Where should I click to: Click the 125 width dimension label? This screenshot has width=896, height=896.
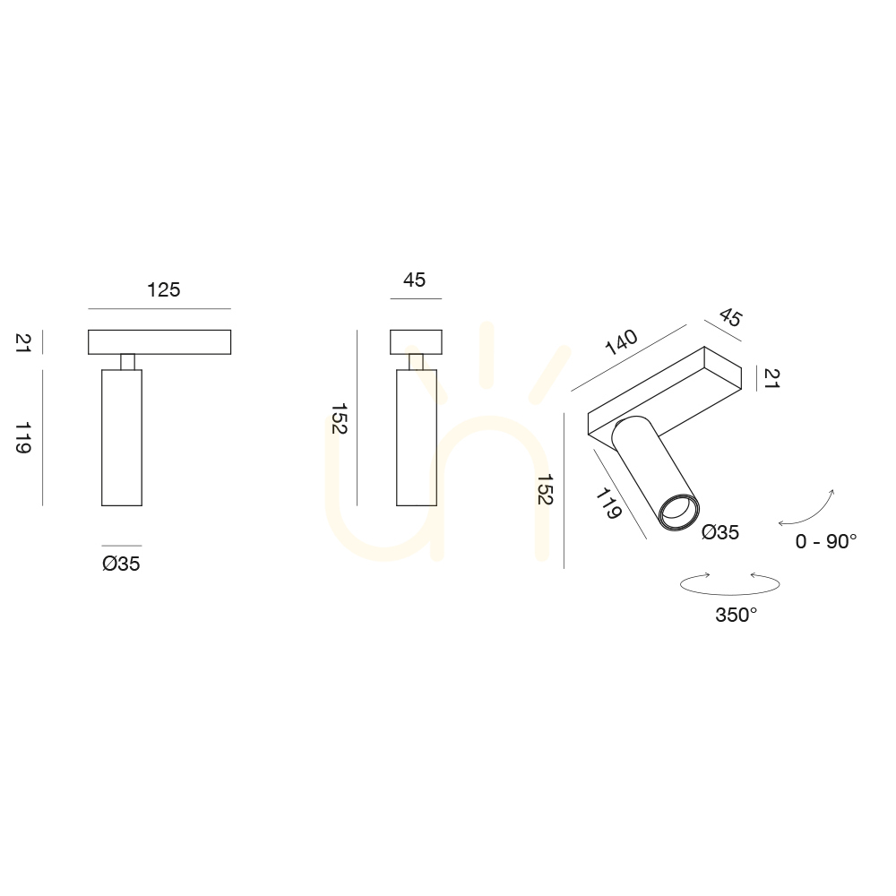163,289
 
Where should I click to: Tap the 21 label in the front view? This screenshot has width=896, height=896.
23,343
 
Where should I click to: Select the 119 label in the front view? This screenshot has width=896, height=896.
23,438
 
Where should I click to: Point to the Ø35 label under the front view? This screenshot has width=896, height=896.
121,564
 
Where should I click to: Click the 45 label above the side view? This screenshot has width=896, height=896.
414,280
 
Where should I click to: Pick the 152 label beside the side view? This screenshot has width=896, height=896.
339,418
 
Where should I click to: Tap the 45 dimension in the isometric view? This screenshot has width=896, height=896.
730,317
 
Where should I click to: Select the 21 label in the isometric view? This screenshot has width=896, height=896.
772,378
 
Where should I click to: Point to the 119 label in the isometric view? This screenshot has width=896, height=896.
608,504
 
